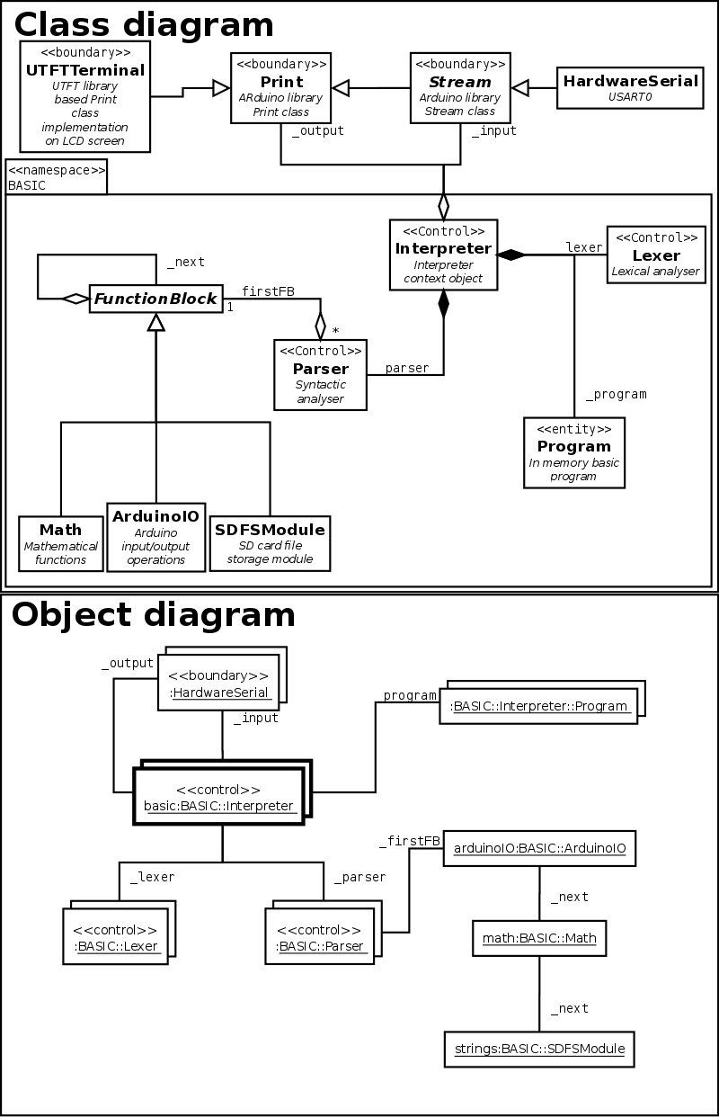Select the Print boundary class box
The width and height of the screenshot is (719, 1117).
coord(280,86)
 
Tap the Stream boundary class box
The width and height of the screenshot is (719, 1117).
coord(459,86)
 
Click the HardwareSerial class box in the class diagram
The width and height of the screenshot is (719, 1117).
coord(630,87)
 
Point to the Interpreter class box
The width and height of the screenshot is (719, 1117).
coord(443,255)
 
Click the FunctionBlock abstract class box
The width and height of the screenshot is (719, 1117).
coord(156,299)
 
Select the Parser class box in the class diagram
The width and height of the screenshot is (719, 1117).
coord(320,374)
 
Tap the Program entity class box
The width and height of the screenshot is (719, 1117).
coord(573,451)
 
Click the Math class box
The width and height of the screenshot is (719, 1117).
coord(60,542)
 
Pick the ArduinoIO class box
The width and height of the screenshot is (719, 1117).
coord(155,536)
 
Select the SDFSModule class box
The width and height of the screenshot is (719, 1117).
coord(270,542)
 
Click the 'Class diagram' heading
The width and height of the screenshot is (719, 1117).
coord(144,23)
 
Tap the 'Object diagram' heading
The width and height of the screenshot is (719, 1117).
coord(154,614)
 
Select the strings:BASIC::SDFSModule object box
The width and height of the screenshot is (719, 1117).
coord(539,1048)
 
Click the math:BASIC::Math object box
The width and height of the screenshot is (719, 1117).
coord(539,938)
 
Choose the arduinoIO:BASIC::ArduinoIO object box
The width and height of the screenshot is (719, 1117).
coord(539,847)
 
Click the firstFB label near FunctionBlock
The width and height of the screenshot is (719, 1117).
coord(268,290)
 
